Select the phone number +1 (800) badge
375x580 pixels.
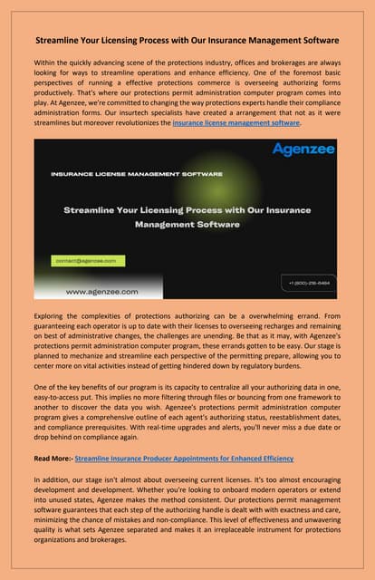[x=310, y=282]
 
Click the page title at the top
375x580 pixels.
[x=187, y=41]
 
